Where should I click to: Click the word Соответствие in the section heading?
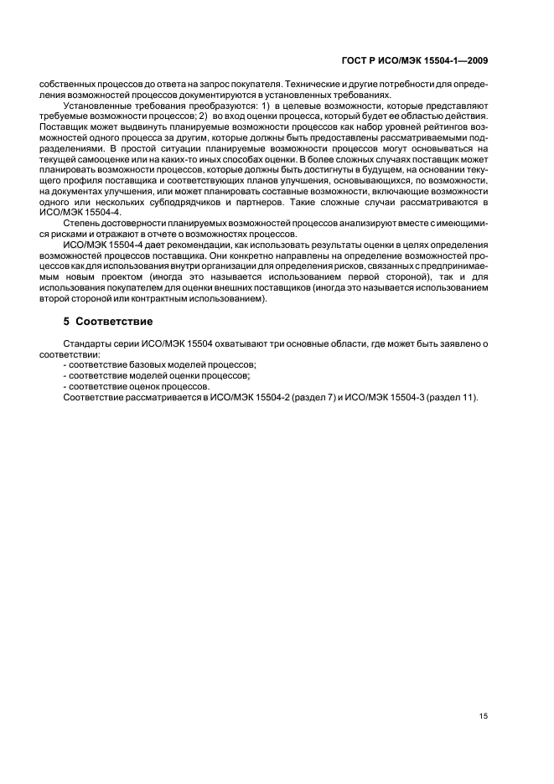point(114,321)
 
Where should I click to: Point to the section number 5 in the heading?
point(66,321)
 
